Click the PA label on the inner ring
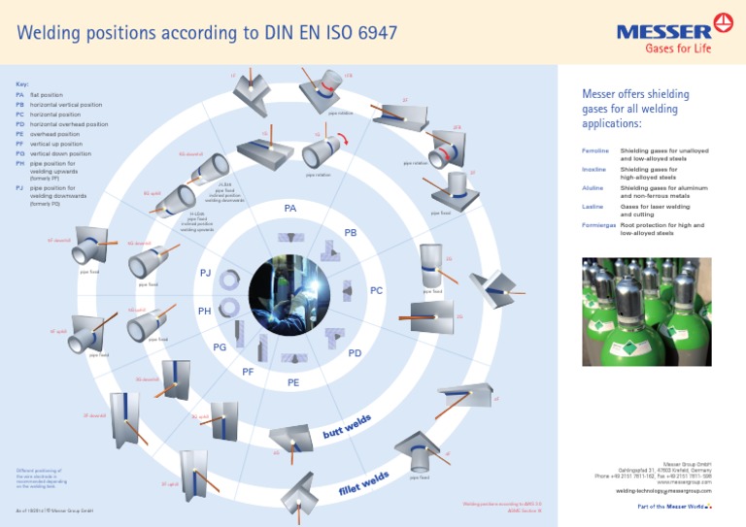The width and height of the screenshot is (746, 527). tap(289, 209)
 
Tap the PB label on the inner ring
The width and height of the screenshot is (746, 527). tap(351, 233)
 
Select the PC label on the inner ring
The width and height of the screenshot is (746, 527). tap(376, 290)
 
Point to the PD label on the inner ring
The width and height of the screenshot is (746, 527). tap(355, 353)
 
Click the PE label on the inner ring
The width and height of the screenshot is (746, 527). tap(293, 382)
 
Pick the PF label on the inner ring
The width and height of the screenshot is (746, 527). tap(248, 372)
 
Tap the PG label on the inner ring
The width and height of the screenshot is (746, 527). tap(220, 346)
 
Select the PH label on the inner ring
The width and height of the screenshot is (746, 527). tap(204, 312)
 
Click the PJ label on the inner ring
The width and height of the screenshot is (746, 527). tap(205, 273)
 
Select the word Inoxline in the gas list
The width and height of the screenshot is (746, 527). tap(593, 171)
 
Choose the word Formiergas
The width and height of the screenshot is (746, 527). tap(598, 225)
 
